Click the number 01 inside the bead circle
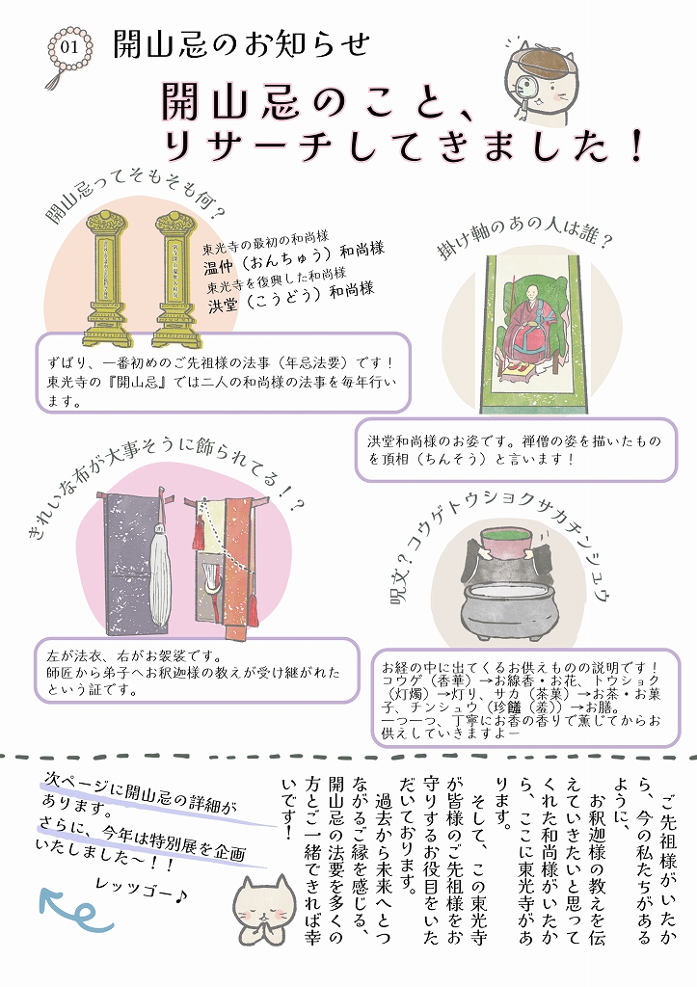click(68, 48)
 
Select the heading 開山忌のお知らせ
click(241, 44)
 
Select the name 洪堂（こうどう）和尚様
click(290, 297)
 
